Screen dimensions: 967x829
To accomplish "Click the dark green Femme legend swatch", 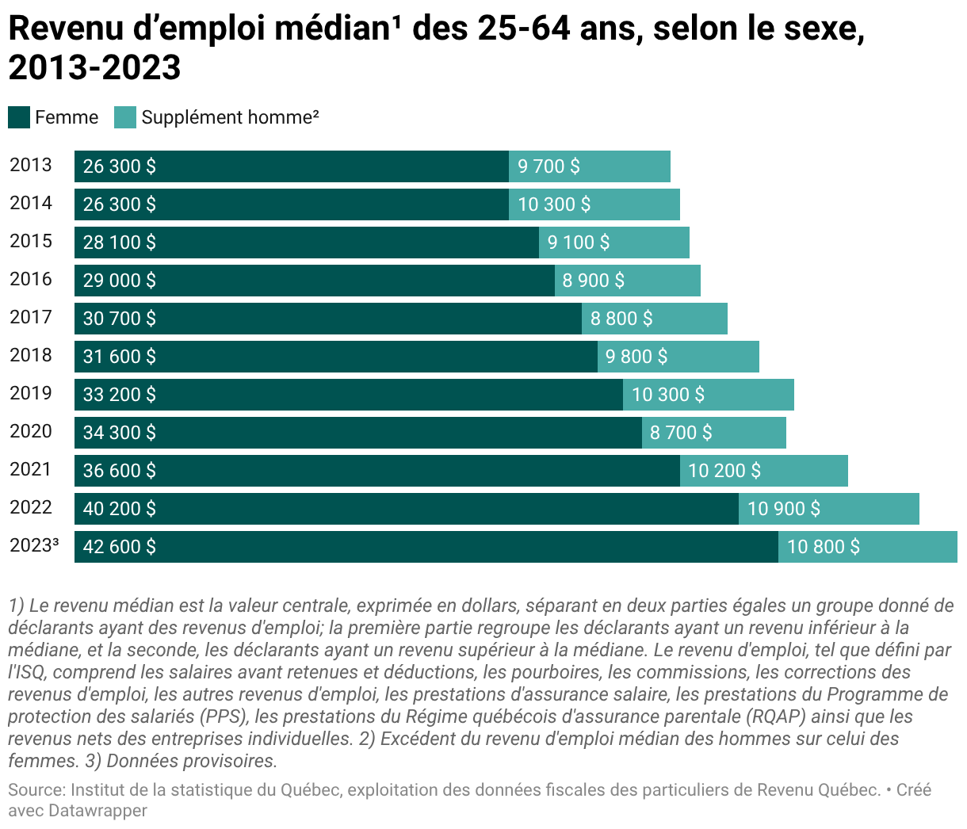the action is [19, 117].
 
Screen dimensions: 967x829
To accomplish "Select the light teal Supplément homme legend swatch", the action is [125, 117].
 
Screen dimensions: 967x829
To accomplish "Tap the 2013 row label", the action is [30, 165].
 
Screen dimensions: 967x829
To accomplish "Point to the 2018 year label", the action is [30, 355].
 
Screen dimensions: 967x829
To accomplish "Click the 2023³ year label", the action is [34, 545].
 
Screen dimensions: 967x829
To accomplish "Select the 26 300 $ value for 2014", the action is [120, 204].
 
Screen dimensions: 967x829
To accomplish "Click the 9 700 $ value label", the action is [548, 166].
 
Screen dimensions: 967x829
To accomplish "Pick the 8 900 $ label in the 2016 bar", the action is [593, 281].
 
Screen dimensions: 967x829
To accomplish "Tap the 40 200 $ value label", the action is [120, 509].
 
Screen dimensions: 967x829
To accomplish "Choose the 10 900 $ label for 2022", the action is [784, 509].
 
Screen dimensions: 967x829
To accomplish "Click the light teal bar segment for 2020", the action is [714, 433].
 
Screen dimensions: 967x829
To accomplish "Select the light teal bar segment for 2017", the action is [655, 319].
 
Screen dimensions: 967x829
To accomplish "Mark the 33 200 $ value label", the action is [120, 395].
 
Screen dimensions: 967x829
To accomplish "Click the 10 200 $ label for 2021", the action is [724, 471].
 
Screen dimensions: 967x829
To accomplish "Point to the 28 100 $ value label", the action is [120, 243].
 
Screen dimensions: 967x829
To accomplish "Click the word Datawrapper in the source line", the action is [97, 810].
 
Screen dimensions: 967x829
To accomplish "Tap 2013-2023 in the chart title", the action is [94, 67].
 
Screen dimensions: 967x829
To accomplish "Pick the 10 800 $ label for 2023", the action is [824, 546].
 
